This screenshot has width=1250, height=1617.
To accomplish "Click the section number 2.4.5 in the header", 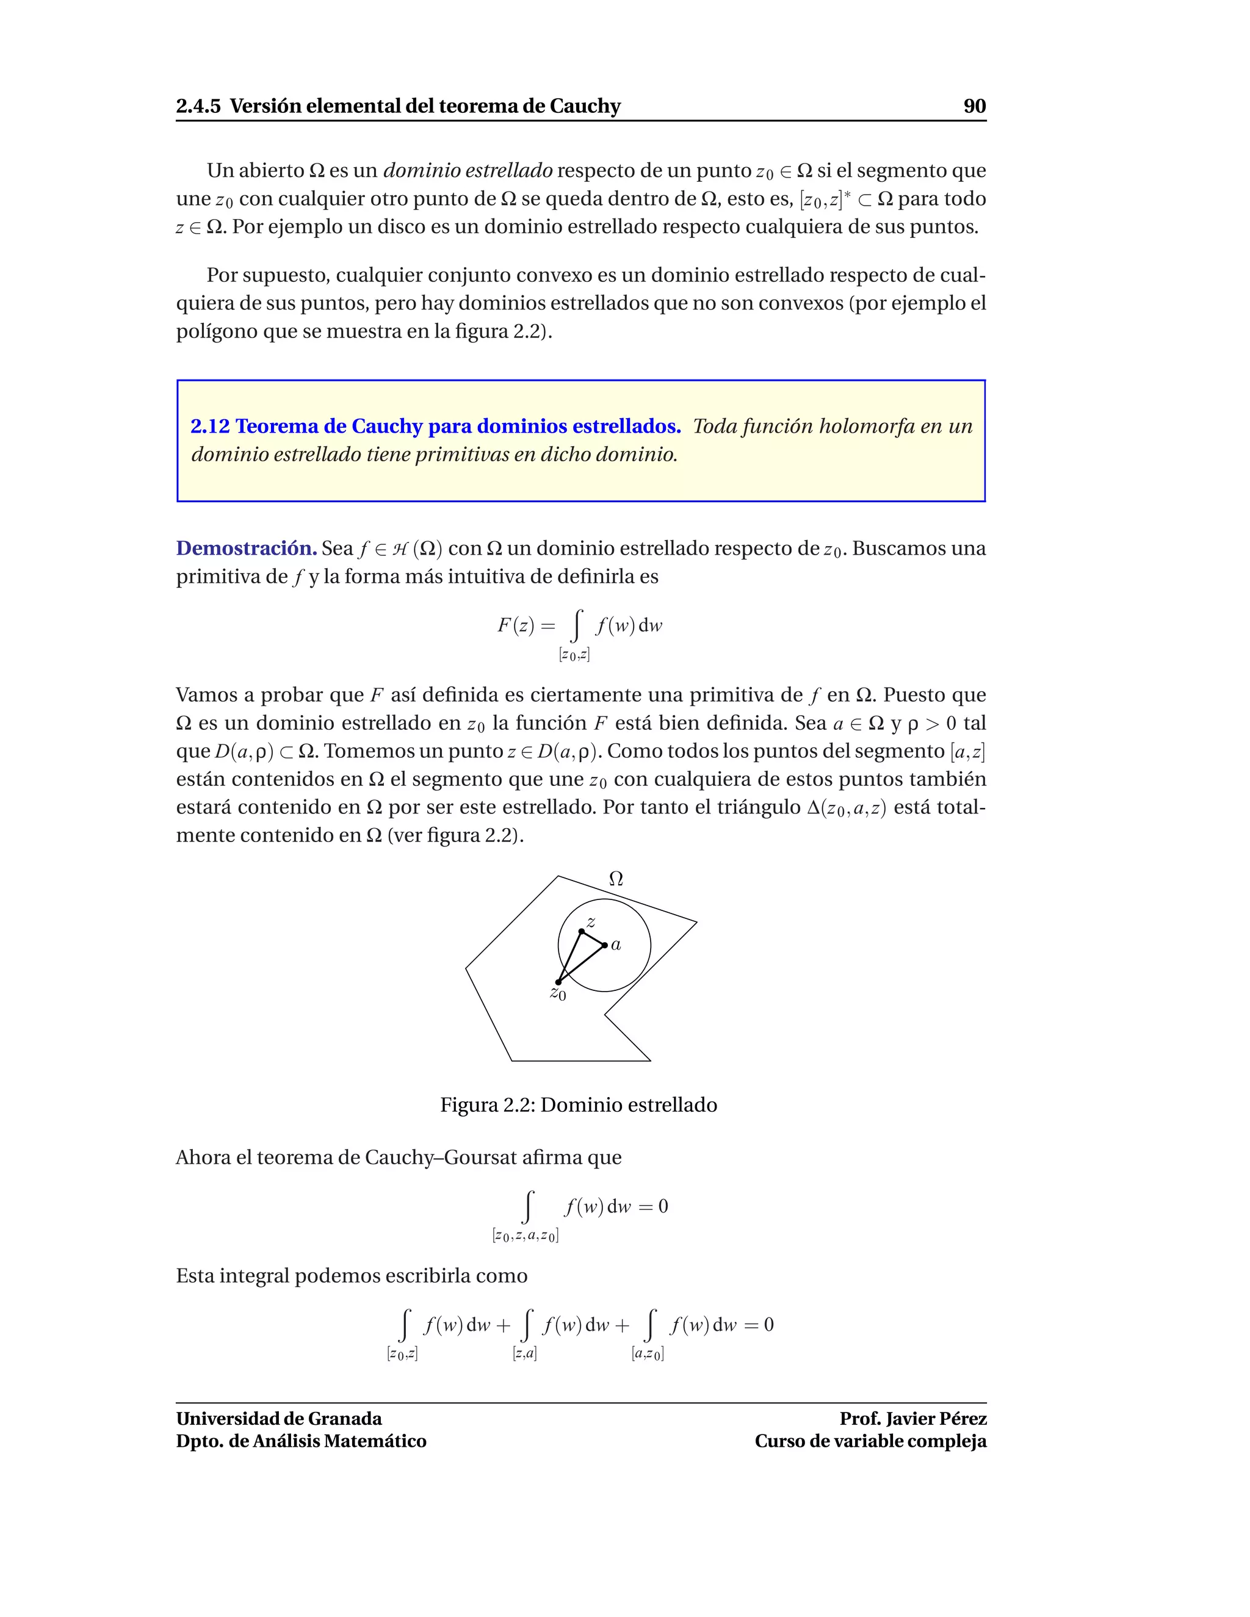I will coord(198,106).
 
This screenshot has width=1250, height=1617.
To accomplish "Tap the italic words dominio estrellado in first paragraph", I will coord(468,170).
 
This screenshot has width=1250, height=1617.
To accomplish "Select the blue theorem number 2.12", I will coord(211,427).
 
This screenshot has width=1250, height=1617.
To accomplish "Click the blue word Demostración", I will coord(247,549).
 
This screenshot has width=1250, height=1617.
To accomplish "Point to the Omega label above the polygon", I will coord(615,879).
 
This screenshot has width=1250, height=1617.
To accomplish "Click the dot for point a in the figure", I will coord(605,945).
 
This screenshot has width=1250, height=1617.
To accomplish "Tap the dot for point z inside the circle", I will coord(581,931).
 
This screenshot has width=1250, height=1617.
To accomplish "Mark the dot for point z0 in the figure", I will coord(558,982).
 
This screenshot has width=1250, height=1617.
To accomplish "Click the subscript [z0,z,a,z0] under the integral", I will coord(525,1235).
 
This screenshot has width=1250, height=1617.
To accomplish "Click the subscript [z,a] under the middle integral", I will coord(524,1353).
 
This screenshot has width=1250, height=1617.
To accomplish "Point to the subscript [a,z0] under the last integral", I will coord(647,1353).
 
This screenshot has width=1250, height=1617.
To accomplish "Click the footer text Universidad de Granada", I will coord(279,1419).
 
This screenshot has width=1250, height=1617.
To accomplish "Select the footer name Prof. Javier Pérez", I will coord(912,1419).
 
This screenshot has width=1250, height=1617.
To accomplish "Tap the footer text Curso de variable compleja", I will coord(870,1441).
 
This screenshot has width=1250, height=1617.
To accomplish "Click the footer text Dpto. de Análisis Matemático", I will coord(301,1441).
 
